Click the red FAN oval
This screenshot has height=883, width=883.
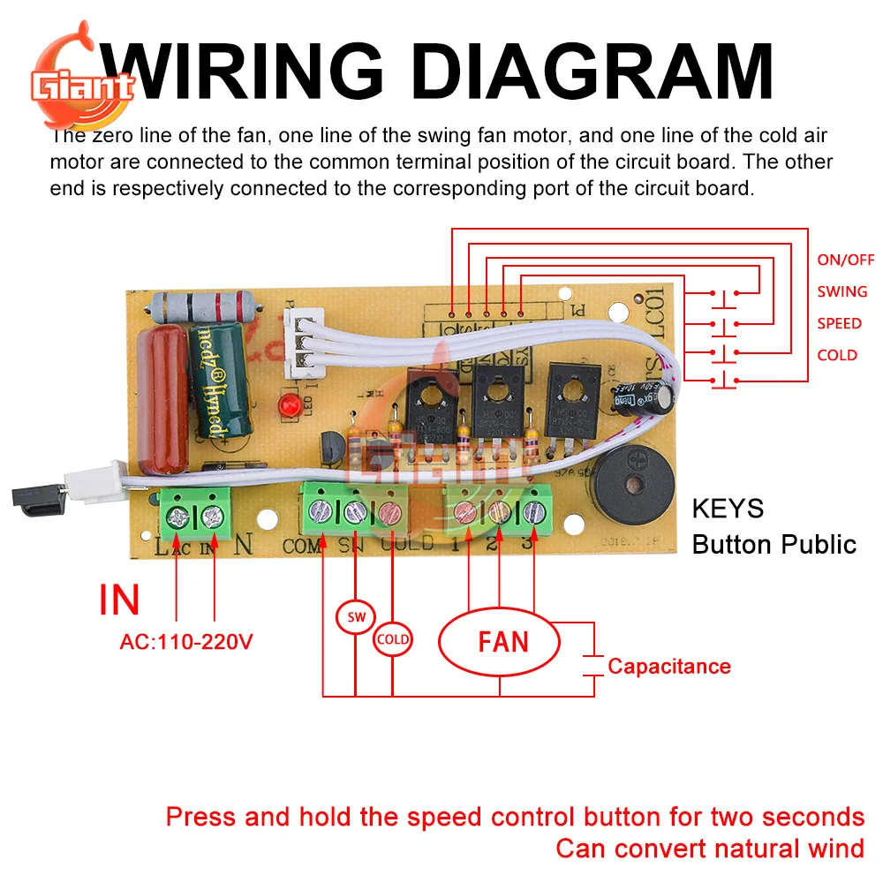(499, 640)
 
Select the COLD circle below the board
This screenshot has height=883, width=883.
(392, 638)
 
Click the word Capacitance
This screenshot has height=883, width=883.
(668, 666)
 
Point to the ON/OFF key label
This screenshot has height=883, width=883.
(845, 260)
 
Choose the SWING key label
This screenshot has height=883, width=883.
(841, 291)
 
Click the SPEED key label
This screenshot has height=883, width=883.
(839, 323)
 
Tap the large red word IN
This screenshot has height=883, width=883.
(119, 600)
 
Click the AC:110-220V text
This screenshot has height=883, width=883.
(186, 642)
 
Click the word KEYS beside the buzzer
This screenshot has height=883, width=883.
(728, 509)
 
